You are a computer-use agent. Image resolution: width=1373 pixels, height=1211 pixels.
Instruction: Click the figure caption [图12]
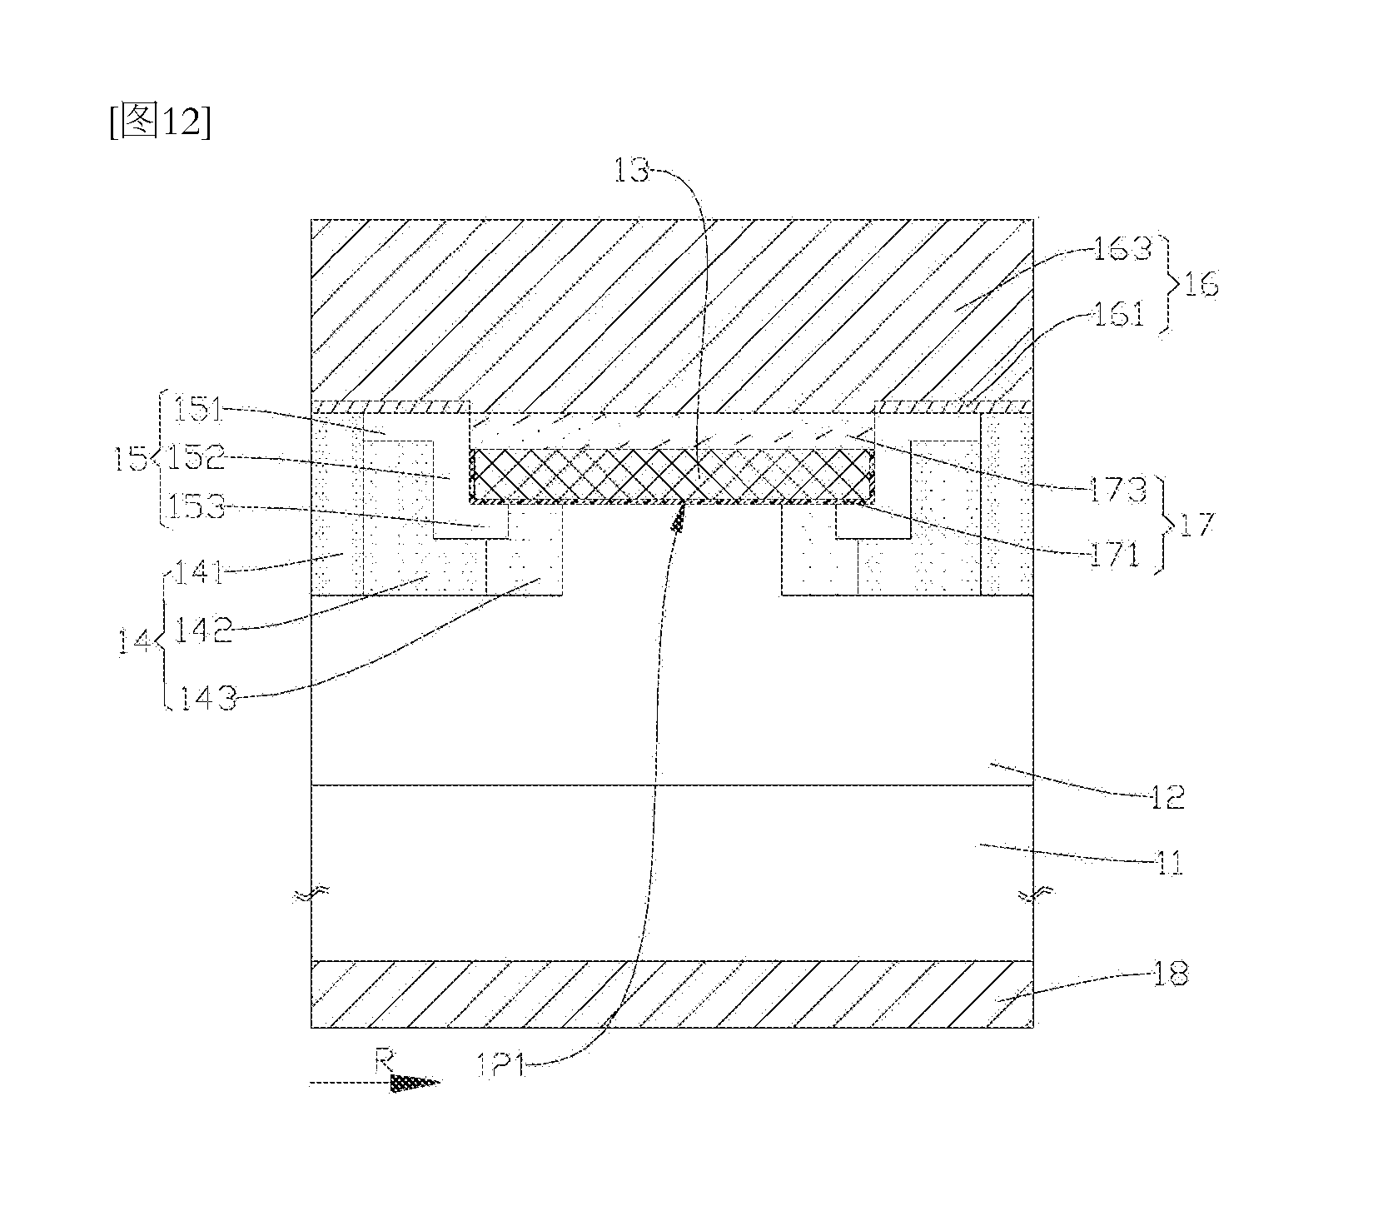pyautogui.click(x=159, y=122)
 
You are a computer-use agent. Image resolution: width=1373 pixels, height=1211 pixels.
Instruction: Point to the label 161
pyautogui.click(x=1120, y=316)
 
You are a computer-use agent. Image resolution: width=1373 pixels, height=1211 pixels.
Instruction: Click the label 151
pyautogui.click(x=198, y=411)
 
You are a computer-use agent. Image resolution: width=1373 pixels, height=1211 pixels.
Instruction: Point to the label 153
pyautogui.click(x=197, y=506)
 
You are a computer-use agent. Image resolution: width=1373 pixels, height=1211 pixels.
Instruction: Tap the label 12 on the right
pyautogui.click(x=1167, y=797)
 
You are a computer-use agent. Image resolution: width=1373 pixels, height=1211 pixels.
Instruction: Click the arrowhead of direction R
pyautogui.click(x=415, y=1084)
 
